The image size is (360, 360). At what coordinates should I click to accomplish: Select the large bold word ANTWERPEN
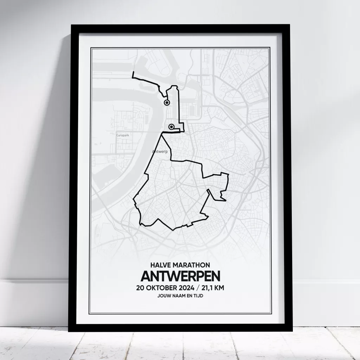click(180, 276)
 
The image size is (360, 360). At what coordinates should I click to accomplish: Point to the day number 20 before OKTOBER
click(141, 288)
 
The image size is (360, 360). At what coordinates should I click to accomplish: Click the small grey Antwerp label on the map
click(160, 152)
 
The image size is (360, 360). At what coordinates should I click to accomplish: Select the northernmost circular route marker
click(167, 102)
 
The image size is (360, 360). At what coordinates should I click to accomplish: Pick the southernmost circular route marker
click(172, 127)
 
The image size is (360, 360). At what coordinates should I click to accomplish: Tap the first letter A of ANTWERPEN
click(146, 276)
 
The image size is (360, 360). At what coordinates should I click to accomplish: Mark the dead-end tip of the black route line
click(133, 72)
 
